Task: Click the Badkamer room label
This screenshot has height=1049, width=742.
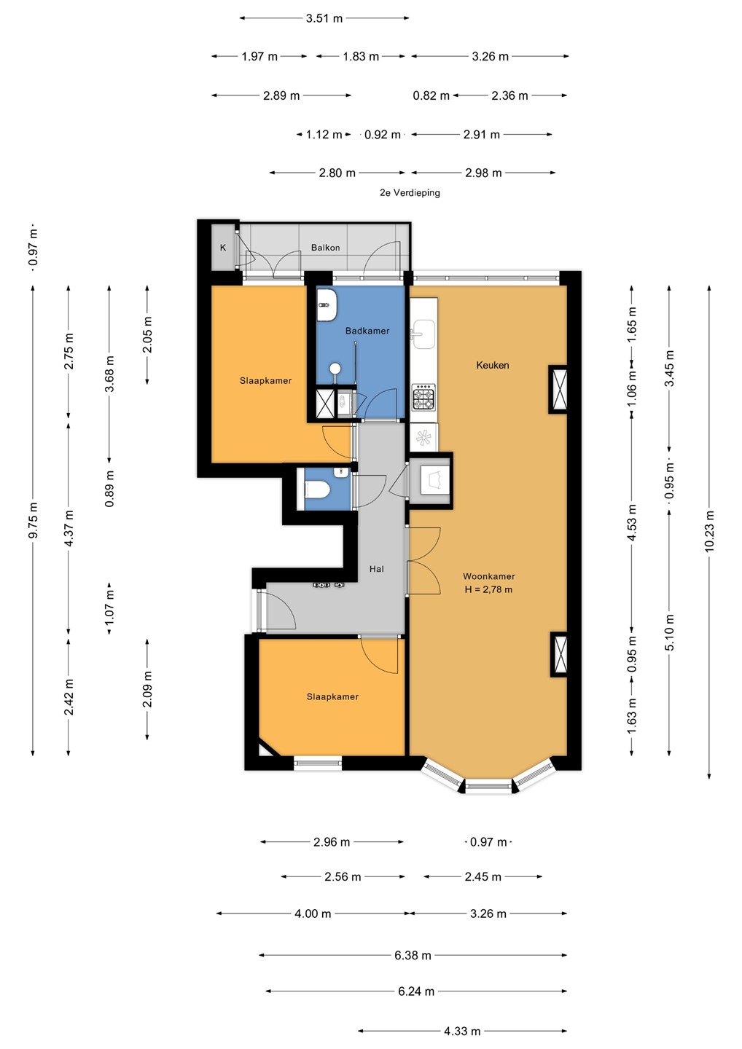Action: click(x=367, y=331)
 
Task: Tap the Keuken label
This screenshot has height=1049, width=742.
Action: click(x=492, y=365)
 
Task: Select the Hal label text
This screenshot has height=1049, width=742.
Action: click(x=377, y=568)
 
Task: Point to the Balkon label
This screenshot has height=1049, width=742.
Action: click(x=326, y=247)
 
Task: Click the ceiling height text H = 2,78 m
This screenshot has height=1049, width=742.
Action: click(x=488, y=589)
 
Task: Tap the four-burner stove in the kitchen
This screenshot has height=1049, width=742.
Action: click(x=424, y=397)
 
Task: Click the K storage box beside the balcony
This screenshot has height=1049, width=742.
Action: click(x=223, y=247)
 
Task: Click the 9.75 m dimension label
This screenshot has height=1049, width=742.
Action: click(x=33, y=520)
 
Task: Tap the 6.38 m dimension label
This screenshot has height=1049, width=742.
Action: click(x=413, y=955)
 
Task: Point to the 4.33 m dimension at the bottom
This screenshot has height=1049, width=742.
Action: click(x=462, y=1031)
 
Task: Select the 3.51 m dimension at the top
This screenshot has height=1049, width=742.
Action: click(x=324, y=18)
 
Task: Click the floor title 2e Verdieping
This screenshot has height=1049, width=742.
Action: click(x=410, y=192)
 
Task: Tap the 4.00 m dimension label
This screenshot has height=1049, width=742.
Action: click(x=313, y=914)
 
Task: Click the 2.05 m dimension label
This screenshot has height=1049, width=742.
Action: click(x=147, y=334)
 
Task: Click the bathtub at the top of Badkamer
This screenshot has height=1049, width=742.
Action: click(x=326, y=305)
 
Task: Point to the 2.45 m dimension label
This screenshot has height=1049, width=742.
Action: click(x=483, y=876)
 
